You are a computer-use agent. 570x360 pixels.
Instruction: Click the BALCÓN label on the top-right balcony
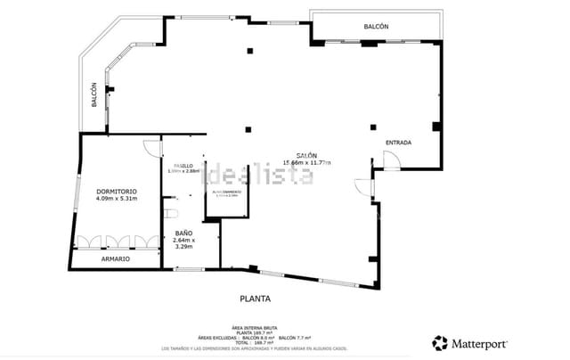[x=376, y=27]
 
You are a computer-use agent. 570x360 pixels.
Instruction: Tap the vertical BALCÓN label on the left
[x=94, y=95]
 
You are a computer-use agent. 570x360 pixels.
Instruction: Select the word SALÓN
[x=305, y=154]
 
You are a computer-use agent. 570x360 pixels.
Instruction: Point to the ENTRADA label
[x=398, y=143]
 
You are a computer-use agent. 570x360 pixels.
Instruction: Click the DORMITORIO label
[x=117, y=191]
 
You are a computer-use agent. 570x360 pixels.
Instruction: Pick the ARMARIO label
[x=115, y=258]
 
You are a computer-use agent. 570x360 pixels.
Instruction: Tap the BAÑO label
[x=183, y=233]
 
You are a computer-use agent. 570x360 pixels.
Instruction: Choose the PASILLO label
[x=183, y=166]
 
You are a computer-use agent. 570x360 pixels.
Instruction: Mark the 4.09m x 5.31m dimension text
[x=117, y=199]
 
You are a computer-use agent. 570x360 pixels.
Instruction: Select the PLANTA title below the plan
[x=255, y=299]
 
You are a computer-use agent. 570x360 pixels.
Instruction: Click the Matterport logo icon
[x=440, y=342]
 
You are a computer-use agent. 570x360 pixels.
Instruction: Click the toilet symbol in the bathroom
[x=171, y=214]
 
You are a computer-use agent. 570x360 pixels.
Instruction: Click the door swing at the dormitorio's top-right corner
[x=152, y=147]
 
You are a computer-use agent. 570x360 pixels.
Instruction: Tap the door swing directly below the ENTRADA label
[x=391, y=160]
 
